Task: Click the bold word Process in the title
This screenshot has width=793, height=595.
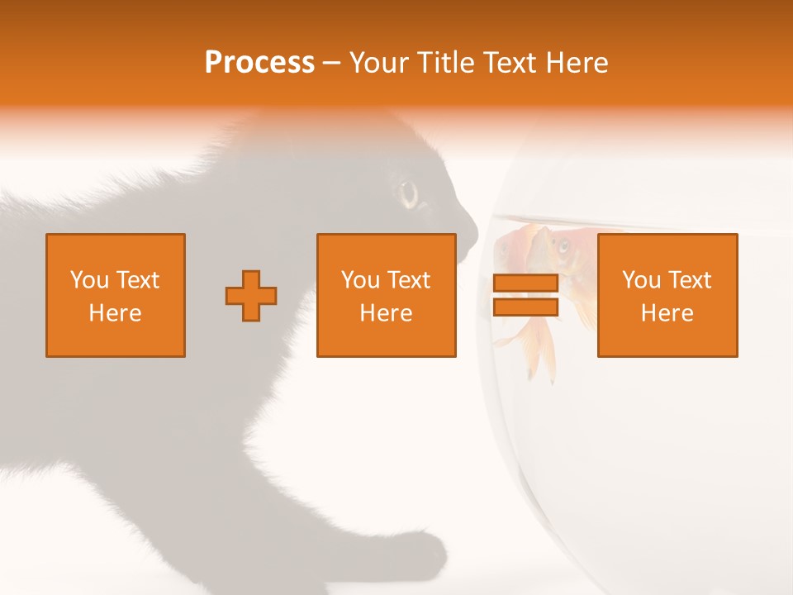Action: [x=259, y=63]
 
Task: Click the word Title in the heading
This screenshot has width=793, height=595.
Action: [x=448, y=63]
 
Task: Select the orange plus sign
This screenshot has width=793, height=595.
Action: [x=251, y=296]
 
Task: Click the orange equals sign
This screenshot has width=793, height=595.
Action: [x=525, y=296]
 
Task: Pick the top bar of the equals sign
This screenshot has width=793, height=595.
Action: [x=525, y=283]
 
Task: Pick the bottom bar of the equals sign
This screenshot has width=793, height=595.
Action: [x=525, y=307]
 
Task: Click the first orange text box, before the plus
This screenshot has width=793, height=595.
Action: [x=116, y=295]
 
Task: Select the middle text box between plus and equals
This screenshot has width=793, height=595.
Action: [x=386, y=295]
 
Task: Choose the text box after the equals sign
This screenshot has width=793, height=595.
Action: [x=667, y=295]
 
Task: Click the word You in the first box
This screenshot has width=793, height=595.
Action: [x=88, y=280]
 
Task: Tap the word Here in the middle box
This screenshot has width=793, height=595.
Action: [x=386, y=313]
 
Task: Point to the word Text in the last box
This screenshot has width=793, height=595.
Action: [x=689, y=280]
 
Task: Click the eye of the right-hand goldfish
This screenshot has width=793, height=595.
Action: [x=563, y=245]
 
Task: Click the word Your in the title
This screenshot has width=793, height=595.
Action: [x=379, y=63]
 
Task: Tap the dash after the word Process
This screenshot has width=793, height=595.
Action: [x=331, y=63]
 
